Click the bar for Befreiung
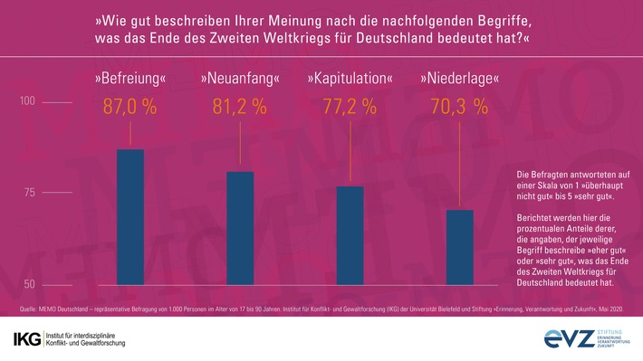tap(130, 216)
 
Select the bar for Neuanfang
tap(240, 227)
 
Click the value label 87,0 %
tap(130, 107)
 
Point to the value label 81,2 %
tap(240, 107)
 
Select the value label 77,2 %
tap(350, 107)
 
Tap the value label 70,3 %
tap(461, 107)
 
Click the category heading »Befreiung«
tap(130, 79)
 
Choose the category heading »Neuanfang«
tap(240, 79)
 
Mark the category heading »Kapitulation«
tap(350, 79)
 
